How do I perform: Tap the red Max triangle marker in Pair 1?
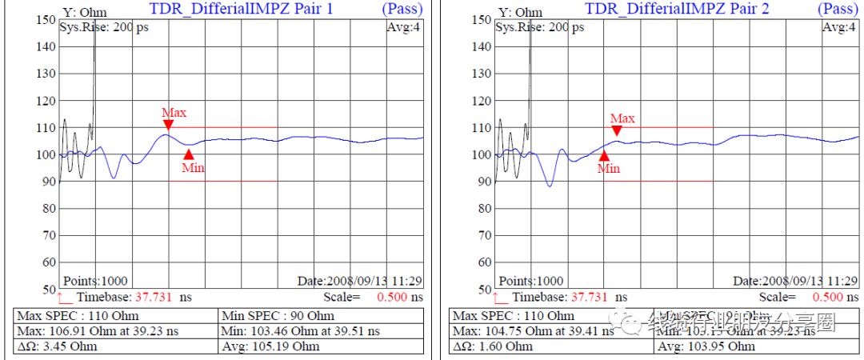(168, 124)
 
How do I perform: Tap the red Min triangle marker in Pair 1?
(189, 154)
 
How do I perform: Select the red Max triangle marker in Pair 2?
(617, 130)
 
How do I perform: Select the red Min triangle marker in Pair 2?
(604, 156)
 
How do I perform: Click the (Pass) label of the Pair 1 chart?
(403, 9)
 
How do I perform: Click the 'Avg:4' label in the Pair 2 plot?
(839, 28)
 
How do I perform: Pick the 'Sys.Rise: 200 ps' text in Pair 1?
(104, 26)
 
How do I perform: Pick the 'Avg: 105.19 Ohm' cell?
(271, 346)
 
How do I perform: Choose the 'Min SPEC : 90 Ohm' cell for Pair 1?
(277, 316)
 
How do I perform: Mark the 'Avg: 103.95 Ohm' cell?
(706, 346)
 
